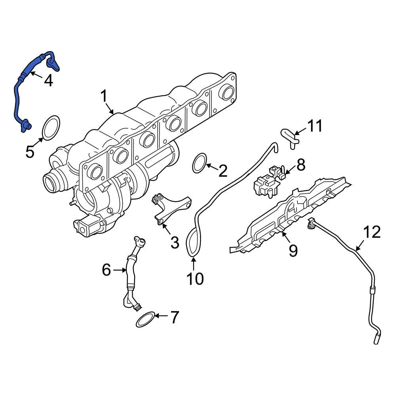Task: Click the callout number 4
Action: pos(48,81)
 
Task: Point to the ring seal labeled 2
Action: pos(200,164)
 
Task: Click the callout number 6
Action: pos(106,270)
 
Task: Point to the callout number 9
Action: pos(293,250)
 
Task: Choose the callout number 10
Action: pos(195,278)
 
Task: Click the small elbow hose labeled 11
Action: pos(289,138)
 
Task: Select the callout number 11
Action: pos(315,127)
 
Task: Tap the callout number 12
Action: pos(371,232)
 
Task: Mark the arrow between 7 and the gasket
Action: pos(162,316)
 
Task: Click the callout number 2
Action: pos(223,171)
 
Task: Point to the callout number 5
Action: pos(30,151)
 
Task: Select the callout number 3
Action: pos(175,242)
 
